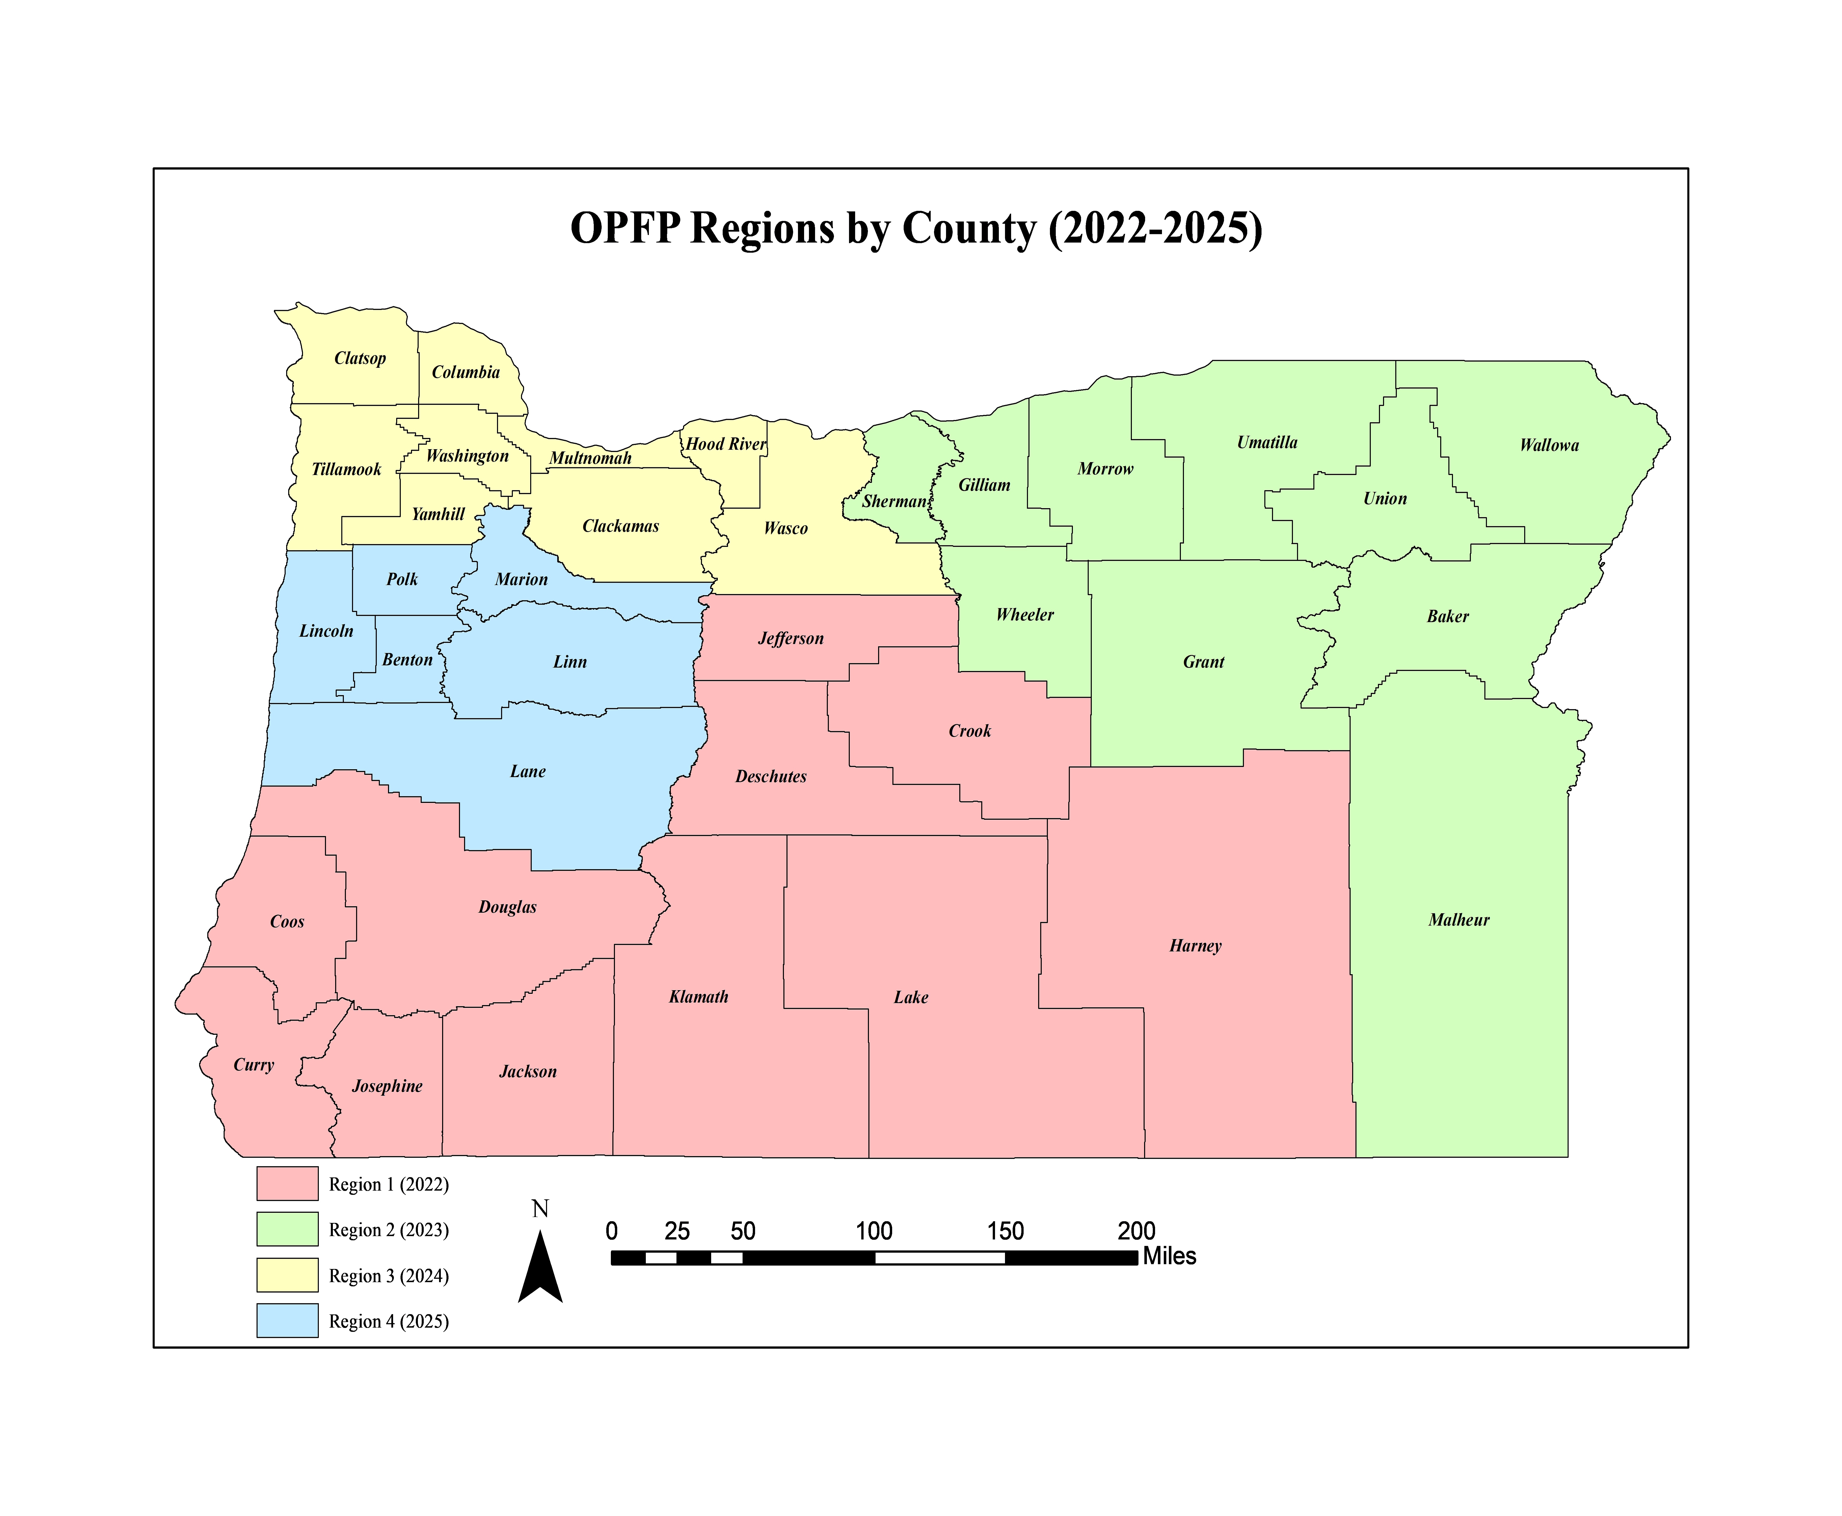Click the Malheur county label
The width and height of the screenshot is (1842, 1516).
coord(1458,920)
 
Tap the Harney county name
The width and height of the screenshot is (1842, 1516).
coord(1195,946)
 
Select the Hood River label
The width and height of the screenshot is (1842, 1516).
coord(725,444)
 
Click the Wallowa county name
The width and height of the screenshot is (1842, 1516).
coord(1548,445)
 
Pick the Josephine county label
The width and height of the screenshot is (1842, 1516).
coord(387,1086)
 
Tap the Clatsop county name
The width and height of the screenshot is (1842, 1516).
coord(360,358)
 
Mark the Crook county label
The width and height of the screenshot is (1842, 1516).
coord(970,731)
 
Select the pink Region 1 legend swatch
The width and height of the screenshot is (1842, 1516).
coord(287,1183)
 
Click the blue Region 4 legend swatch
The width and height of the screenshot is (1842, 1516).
coord(287,1321)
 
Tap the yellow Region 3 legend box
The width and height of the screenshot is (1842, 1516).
coord(287,1275)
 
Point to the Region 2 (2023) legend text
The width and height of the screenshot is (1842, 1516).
coord(389,1230)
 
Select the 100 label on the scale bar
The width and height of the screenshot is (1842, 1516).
coord(874,1231)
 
